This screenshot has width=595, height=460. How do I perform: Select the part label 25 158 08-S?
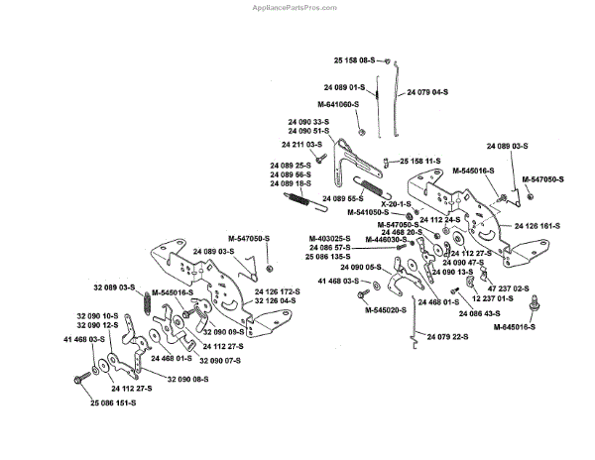point(354,60)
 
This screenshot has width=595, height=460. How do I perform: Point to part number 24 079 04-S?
point(427,90)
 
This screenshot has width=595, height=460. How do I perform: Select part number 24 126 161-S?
point(536,226)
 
